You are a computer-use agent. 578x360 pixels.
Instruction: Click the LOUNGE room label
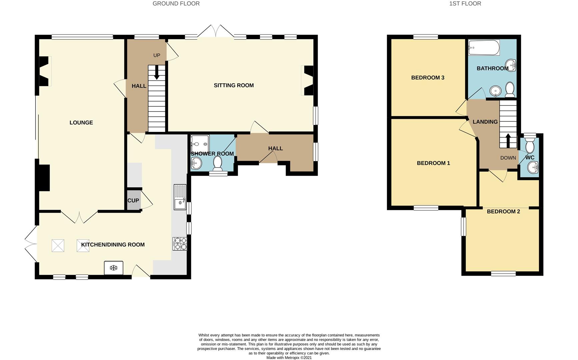(x=81, y=123)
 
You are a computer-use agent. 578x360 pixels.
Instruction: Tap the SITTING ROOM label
(x=234, y=85)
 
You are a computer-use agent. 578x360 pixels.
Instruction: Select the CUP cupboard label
(x=133, y=200)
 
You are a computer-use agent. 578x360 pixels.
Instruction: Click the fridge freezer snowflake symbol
(x=114, y=268)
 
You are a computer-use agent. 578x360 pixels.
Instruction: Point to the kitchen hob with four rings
(x=180, y=244)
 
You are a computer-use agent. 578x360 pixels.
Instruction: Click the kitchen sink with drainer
(x=180, y=197)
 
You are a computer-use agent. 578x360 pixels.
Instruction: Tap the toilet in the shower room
(x=218, y=163)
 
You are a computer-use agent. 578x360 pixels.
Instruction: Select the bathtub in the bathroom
(x=484, y=48)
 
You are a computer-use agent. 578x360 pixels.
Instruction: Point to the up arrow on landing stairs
(x=508, y=141)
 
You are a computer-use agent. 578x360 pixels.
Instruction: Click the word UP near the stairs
(x=157, y=55)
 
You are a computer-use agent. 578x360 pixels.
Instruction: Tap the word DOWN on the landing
(x=508, y=158)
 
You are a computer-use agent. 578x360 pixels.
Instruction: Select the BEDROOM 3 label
(x=428, y=78)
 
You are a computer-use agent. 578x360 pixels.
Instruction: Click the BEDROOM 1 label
(x=433, y=163)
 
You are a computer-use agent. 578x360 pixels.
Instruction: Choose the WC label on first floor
(x=530, y=158)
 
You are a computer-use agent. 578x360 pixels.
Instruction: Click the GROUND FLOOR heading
(x=176, y=4)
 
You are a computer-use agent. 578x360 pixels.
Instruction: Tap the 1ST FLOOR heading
(x=465, y=4)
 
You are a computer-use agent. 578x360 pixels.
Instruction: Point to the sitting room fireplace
(x=308, y=80)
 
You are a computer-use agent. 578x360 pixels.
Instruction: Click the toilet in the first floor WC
(x=530, y=145)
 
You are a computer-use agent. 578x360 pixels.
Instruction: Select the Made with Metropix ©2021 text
(x=289, y=358)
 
